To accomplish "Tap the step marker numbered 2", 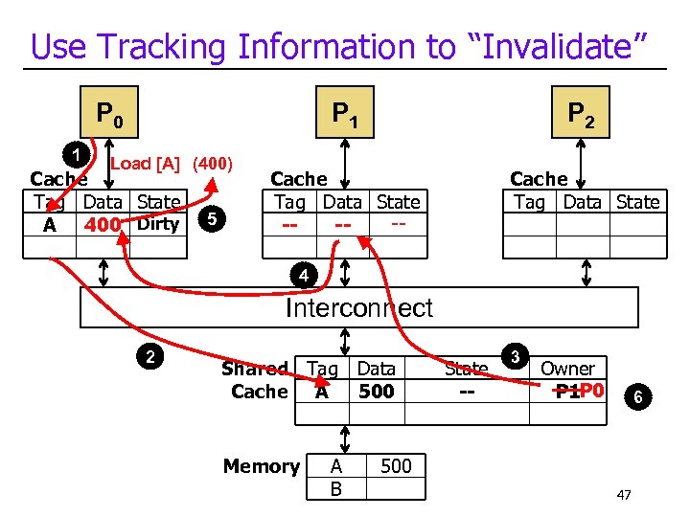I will [150, 358].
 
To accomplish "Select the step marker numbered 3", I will [515, 357].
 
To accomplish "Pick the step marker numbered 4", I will [303, 277].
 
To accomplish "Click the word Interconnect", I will [358, 308].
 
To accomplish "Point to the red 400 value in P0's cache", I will [103, 226].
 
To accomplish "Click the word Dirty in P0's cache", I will [158, 225].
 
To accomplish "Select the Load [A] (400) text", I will [172, 164].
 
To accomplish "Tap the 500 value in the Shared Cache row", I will [376, 392].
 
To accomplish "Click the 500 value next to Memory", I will [396, 466].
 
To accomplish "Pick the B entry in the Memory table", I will [335, 488].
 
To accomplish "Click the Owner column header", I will [567, 369].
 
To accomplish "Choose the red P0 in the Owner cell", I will [591, 391].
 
